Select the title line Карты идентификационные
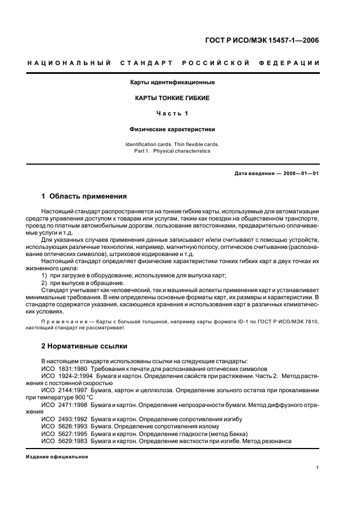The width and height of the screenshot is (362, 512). click(x=172, y=83)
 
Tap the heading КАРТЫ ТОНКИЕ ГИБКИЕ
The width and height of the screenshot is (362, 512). click(x=172, y=98)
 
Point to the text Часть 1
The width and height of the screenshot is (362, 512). click(x=172, y=114)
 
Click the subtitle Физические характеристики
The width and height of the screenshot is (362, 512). click(x=172, y=130)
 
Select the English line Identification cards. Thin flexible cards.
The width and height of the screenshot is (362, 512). click(x=172, y=144)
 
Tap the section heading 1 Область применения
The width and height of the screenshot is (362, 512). click(x=84, y=196)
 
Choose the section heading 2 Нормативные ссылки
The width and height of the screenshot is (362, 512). click(x=84, y=346)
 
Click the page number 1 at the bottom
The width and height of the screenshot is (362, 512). click(x=318, y=468)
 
